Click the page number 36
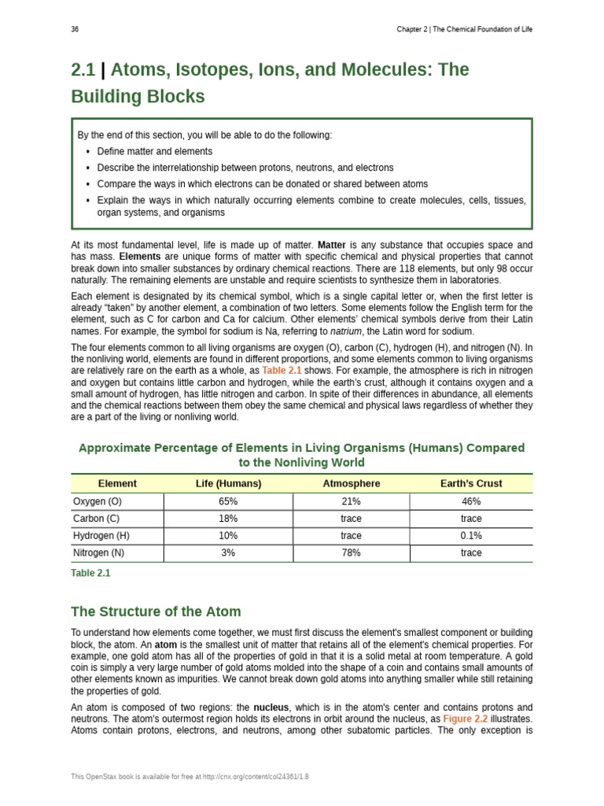(x=75, y=29)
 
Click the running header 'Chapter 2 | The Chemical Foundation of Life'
(x=464, y=29)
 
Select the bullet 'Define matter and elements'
(x=154, y=151)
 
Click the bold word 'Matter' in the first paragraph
(x=331, y=246)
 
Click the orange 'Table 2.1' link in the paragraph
(x=282, y=371)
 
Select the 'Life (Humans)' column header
(x=228, y=483)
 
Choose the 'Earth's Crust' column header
(x=471, y=483)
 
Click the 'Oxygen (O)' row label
(x=98, y=501)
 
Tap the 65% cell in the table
(x=228, y=501)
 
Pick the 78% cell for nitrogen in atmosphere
(x=351, y=553)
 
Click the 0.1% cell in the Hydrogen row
(x=471, y=536)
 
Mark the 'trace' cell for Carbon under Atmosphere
(x=351, y=519)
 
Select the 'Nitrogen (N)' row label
(x=99, y=553)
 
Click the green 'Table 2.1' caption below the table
(x=90, y=574)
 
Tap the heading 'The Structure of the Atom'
(x=156, y=612)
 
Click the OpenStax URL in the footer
(x=255, y=776)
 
